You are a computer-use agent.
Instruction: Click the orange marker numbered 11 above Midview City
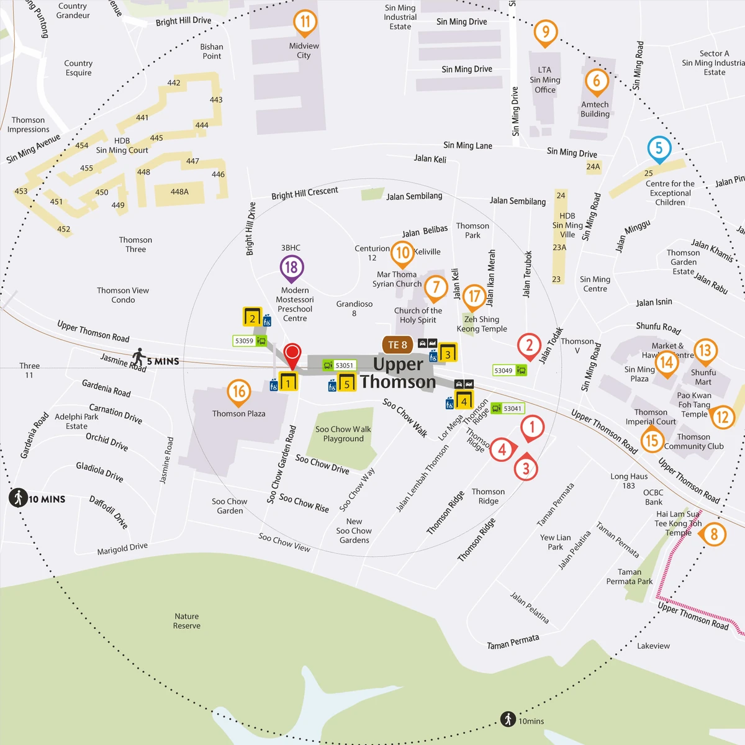click(305, 22)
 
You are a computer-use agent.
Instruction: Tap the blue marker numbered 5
click(659, 148)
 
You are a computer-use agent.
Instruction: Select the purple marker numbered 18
click(291, 268)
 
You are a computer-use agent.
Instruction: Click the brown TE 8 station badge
click(397, 345)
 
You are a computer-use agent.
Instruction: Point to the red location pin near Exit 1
click(292, 355)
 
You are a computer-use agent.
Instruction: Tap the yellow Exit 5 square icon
click(346, 383)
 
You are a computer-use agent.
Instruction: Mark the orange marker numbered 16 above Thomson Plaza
click(239, 392)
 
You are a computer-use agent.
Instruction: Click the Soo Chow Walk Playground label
click(343, 434)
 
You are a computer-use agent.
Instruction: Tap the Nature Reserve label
click(187, 621)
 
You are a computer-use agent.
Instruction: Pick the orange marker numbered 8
click(713, 534)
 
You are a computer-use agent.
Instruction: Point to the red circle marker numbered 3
click(526, 468)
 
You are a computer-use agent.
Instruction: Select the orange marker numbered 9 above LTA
click(545, 31)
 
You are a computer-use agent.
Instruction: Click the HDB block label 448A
click(179, 192)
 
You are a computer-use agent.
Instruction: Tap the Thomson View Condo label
click(123, 295)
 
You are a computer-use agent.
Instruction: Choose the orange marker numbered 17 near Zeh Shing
click(474, 296)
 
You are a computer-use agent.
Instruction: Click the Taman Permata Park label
click(629, 577)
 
